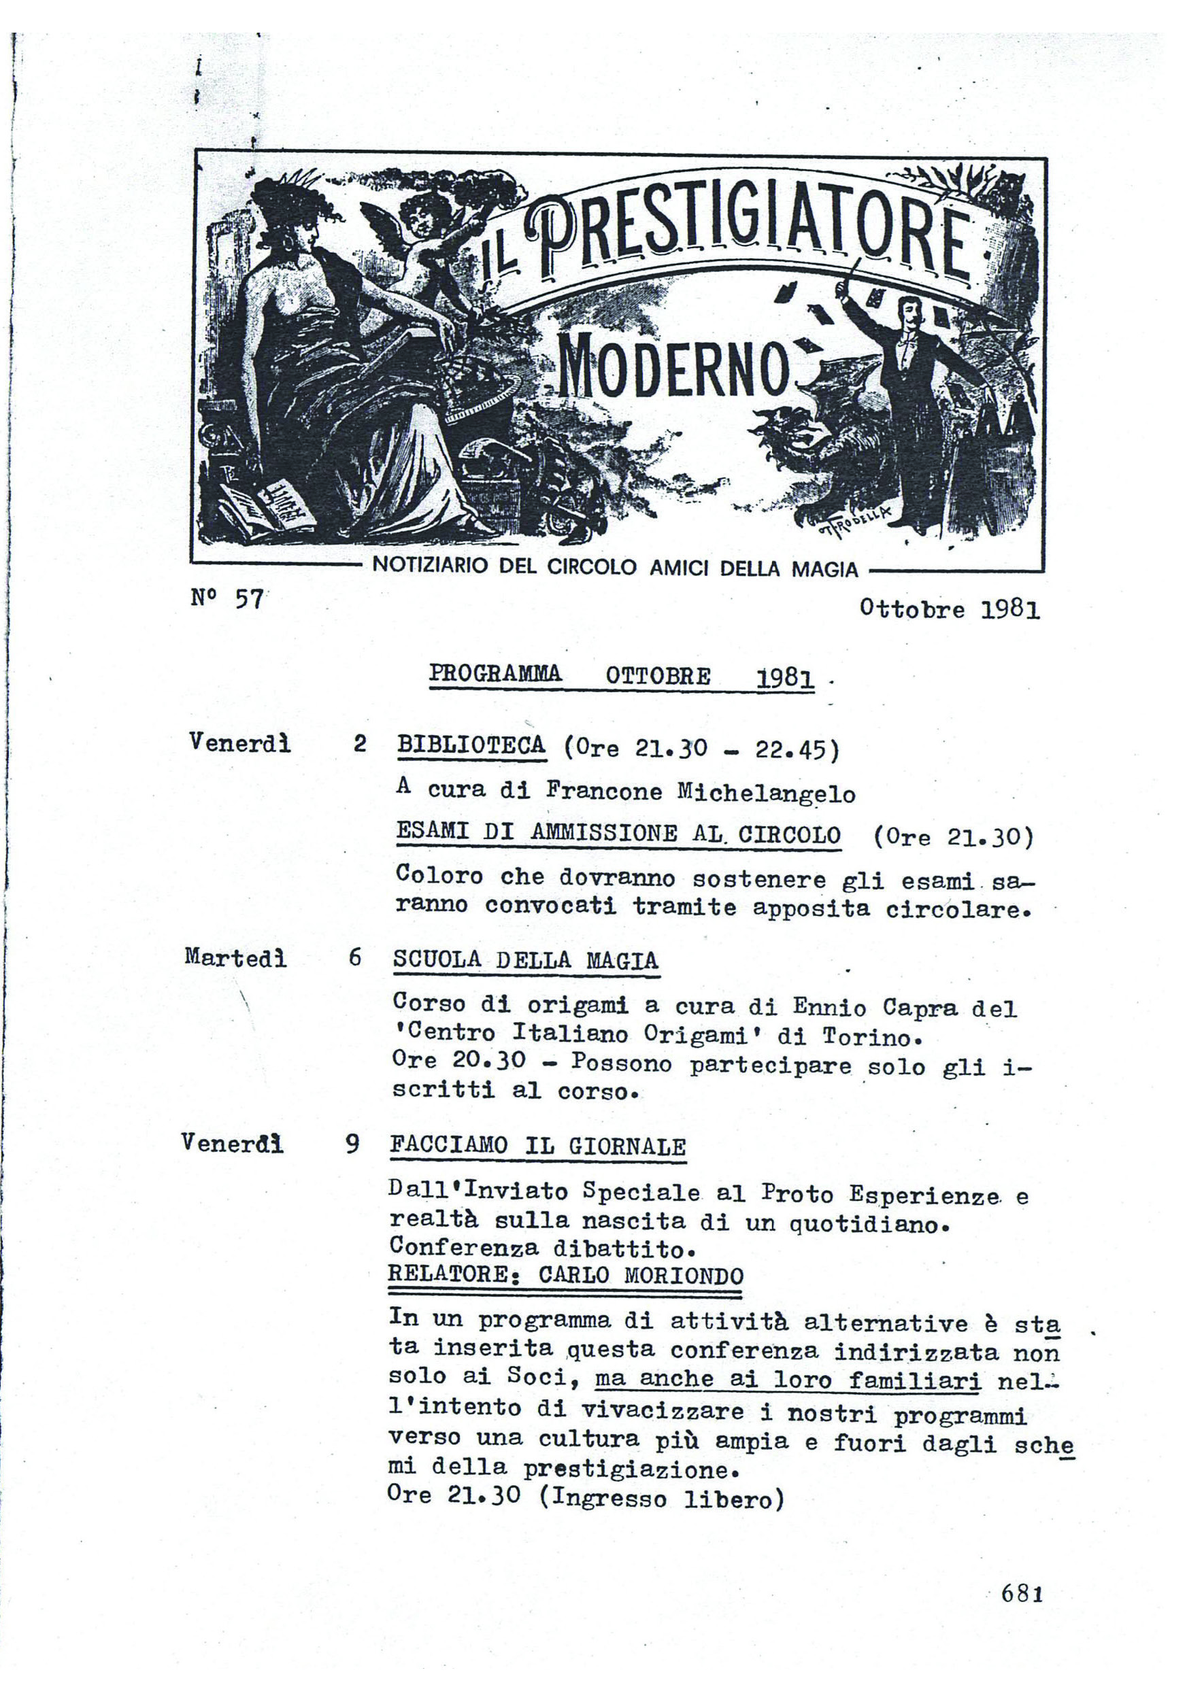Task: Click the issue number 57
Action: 249,598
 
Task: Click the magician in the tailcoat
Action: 908,401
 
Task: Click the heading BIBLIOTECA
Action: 471,745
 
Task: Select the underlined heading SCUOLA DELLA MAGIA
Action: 526,960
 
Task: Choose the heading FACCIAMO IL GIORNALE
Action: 538,1146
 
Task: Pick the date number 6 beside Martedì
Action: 355,957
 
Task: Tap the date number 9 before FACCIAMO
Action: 353,1144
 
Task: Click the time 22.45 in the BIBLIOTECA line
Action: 790,750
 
